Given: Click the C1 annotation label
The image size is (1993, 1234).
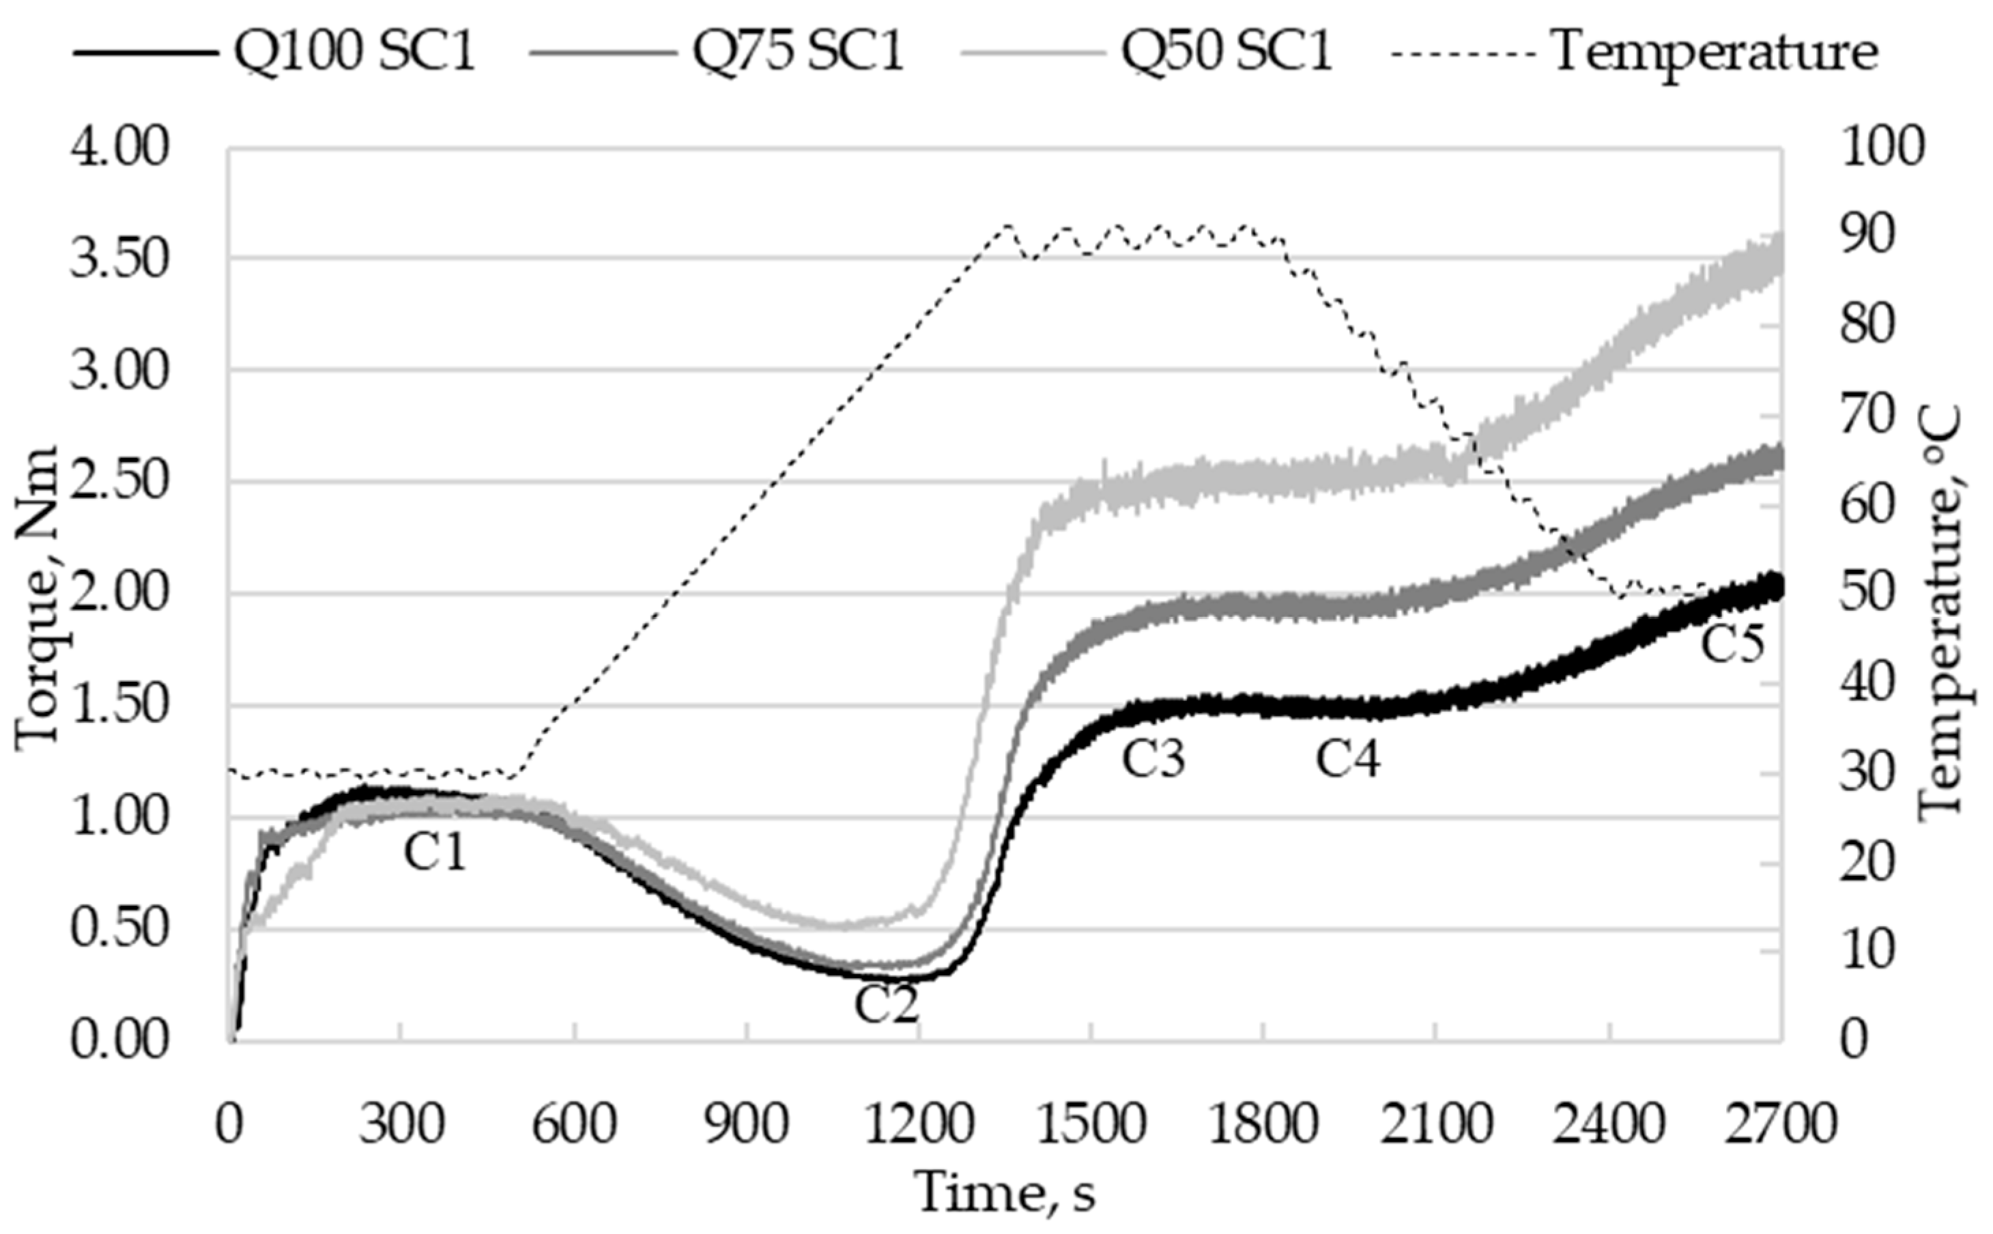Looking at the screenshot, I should point(435,853).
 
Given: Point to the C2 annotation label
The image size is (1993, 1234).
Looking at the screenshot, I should point(887,1005).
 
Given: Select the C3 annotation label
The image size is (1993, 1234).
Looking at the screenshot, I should point(1152,759).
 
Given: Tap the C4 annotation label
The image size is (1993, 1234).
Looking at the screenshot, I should point(1347,759).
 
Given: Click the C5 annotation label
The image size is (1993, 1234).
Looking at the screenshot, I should point(1732,643).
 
